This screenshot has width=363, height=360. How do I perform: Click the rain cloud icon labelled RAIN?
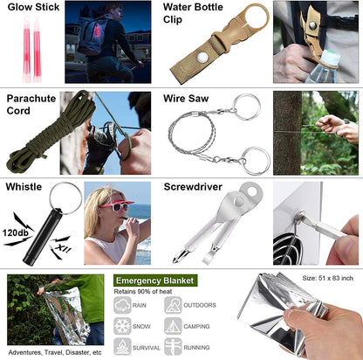pos(123,305)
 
